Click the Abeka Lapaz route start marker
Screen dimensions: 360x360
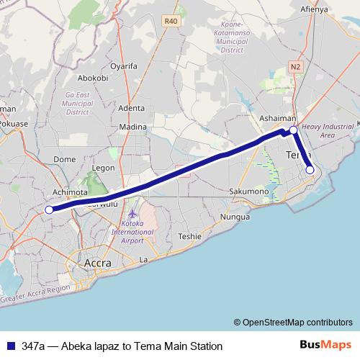click(x=49, y=210)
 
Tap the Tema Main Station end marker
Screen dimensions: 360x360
click(x=310, y=171)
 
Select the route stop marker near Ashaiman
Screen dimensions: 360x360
click(x=293, y=130)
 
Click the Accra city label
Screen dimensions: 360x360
click(x=98, y=263)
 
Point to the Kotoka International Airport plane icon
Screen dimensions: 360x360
click(x=132, y=215)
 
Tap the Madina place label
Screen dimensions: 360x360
click(x=132, y=127)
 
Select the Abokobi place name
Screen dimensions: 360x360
click(x=91, y=78)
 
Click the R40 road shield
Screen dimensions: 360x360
click(x=171, y=22)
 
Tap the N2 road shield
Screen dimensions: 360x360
click(x=295, y=66)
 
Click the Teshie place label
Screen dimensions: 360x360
click(x=190, y=235)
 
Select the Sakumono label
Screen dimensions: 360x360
click(x=248, y=192)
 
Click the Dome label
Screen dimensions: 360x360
click(x=65, y=159)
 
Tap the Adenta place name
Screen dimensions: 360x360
click(x=132, y=108)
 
